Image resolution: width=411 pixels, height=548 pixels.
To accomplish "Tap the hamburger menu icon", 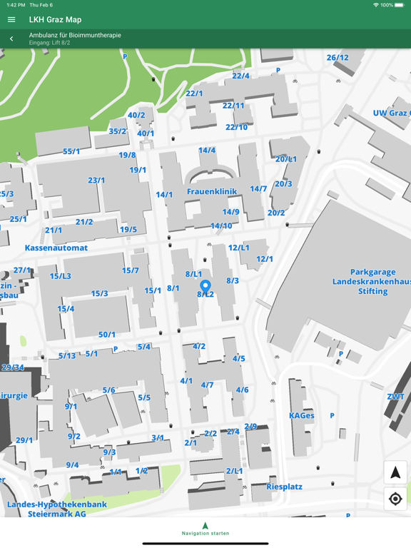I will (11, 19).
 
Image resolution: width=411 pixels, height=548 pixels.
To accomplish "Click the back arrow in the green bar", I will (11, 39).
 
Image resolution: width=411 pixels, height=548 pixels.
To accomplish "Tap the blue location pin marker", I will (205, 287).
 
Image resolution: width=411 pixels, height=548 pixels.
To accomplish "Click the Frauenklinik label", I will (212, 192).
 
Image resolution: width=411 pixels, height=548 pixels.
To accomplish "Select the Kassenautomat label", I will (56, 248).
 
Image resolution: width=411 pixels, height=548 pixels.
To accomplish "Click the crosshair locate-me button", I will (395, 499).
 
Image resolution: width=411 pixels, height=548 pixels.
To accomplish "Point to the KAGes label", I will (301, 415).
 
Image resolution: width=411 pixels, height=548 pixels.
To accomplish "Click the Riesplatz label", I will (284, 487).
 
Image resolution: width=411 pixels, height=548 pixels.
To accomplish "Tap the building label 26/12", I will (338, 58).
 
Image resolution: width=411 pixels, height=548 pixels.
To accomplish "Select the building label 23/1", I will (96, 181).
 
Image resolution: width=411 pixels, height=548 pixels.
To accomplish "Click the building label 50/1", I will (107, 335).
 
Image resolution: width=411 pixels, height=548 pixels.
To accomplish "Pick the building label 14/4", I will (207, 151).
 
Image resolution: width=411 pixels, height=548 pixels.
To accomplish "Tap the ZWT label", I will (395, 397).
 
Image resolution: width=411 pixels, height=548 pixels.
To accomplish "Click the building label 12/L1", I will (238, 248).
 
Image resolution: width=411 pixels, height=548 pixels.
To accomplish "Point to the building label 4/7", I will (207, 385).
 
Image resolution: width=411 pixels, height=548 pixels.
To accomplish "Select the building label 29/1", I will (24, 440).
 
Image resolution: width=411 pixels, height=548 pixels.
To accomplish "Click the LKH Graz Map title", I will (55, 19).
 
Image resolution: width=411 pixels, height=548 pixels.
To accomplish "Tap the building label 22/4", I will (240, 76).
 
